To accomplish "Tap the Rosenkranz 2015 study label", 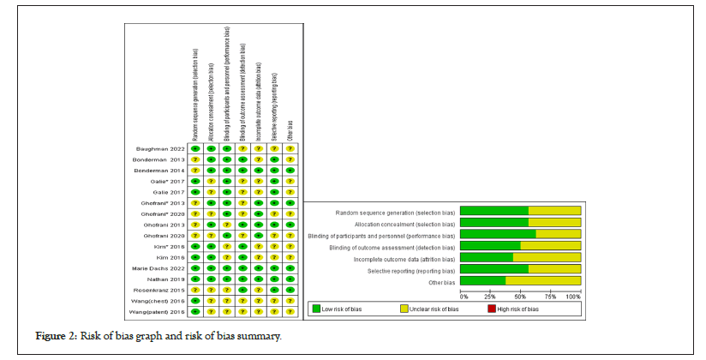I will (x=163, y=291).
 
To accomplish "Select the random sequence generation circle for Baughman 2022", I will (x=195, y=149).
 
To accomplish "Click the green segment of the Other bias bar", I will (x=482, y=280).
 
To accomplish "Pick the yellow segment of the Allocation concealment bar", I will (x=554, y=222).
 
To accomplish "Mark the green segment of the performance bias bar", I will (x=498, y=234).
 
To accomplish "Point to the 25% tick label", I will (x=491, y=296).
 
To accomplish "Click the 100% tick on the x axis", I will (x=574, y=296).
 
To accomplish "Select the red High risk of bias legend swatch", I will (x=490, y=309).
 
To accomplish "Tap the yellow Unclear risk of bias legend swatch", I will (x=404, y=309).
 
